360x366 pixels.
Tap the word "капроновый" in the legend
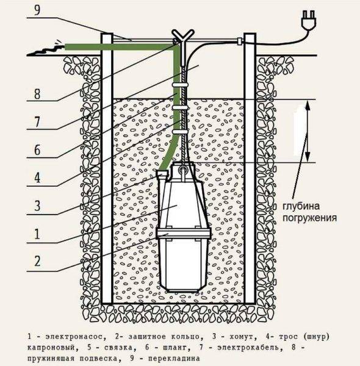point(51,348)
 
